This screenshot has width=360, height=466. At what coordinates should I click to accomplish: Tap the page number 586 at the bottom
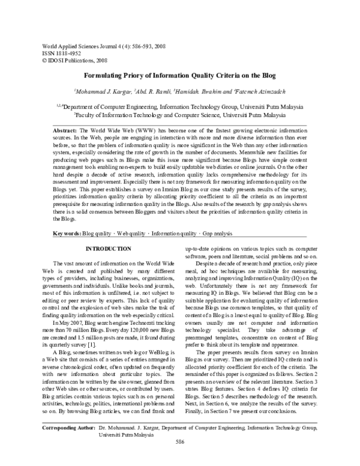click(179, 459)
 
